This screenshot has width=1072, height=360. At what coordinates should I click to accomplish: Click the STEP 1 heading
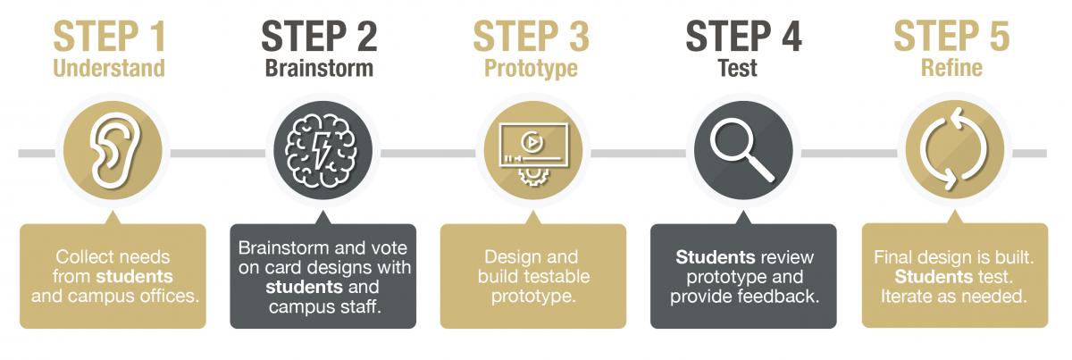(110, 36)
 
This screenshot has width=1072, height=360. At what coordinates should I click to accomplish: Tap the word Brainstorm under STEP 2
(319, 68)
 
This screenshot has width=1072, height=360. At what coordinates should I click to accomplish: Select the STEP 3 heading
(532, 36)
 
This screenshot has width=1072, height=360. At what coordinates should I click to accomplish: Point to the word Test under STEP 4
(738, 68)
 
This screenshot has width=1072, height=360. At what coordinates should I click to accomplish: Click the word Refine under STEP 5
(951, 68)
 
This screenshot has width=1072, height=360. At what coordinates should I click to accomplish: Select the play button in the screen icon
(531, 142)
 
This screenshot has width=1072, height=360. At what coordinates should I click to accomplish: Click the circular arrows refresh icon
(955, 149)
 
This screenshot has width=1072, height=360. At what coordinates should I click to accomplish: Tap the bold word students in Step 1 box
(135, 276)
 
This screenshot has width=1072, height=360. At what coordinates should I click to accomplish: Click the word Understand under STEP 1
(109, 68)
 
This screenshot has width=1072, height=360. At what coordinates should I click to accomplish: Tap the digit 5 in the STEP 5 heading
(1000, 36)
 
